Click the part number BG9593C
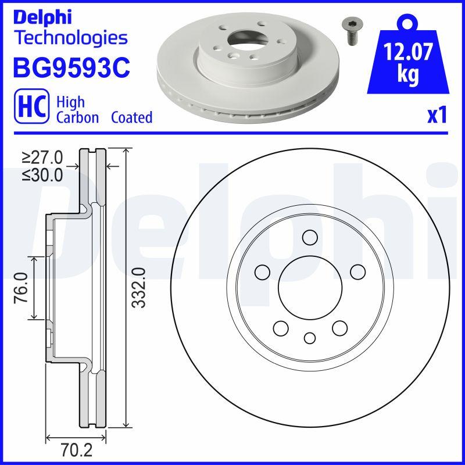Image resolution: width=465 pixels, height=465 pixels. click(x=71, y=67)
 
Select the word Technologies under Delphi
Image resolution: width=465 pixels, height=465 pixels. click(x=70, y=38)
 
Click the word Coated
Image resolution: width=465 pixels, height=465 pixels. click(x=133, y=117)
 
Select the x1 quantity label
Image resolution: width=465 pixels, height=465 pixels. click(x=437, y=116)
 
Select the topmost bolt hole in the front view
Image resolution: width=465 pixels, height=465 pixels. click(x=310, y=237)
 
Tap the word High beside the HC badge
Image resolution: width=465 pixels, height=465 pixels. click(x=70, y=102)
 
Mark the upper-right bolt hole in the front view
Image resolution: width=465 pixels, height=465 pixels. click(x=357, y=271)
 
